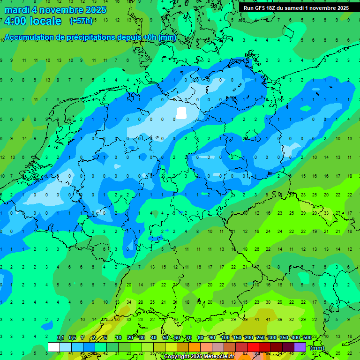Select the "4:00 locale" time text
pos(33,21)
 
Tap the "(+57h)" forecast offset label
pos(81,21)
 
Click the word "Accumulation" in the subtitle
pos(32,37)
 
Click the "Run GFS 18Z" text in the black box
pos(259,8)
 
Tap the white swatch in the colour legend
pos(54,347)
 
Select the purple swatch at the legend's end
pos(300,347)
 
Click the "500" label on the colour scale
pos(307,337)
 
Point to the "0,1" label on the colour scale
pos(60,337)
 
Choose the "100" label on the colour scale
pos(225,337)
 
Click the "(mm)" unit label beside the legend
pos(318,348)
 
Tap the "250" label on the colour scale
pos(260,337)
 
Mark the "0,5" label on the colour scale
pos(72,337)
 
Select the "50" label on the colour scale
pos(165,337)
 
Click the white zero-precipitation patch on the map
pos(181,112)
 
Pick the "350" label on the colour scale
pos(284,337)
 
